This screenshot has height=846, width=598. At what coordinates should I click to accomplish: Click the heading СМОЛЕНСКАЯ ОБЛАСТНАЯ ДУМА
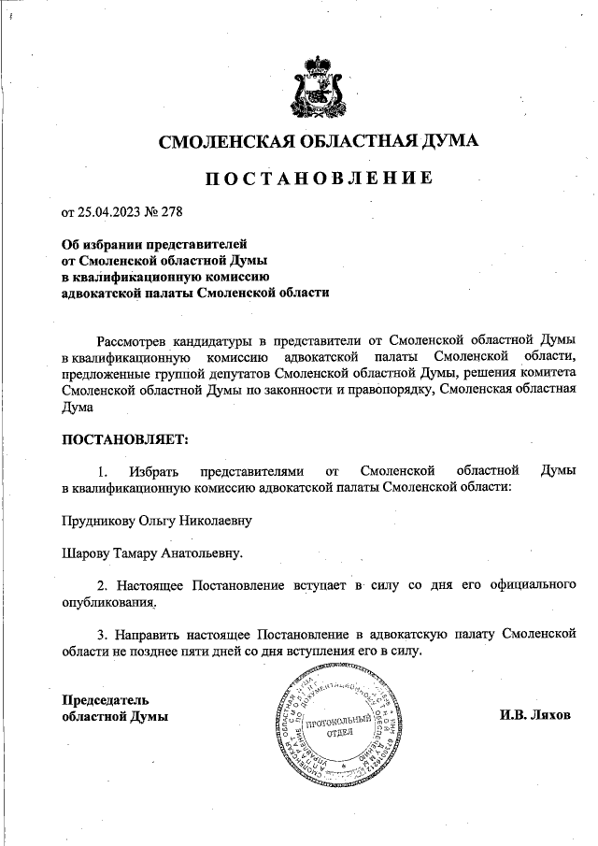[x=319, y=142]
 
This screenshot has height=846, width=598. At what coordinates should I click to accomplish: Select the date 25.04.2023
[x=109, y=210]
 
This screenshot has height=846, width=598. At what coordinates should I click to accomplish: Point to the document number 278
[x=171, y=210]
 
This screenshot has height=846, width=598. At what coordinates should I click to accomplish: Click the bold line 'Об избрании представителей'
[x=149, y=242]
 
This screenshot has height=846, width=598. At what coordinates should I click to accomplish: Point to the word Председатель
[x=105, y=699]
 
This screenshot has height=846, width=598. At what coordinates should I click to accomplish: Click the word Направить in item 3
[x=153, y=635]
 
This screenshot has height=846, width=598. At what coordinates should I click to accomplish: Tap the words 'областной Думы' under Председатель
[x=115, y=717]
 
